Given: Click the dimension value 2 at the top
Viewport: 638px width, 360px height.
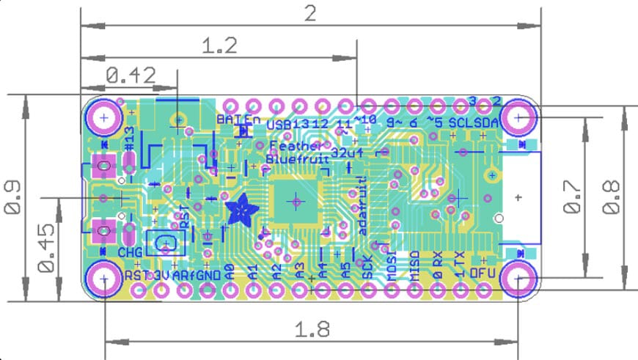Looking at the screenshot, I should [x=311, y=12].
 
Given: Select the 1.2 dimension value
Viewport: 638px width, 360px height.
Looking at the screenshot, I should [x=219, y=46].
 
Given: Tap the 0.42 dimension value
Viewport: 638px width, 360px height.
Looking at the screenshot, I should [x=131, y=75].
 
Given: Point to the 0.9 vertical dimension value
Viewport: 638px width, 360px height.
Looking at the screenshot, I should [x=14, y=198].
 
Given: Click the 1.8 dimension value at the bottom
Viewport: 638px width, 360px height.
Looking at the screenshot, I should [x=311, y=328].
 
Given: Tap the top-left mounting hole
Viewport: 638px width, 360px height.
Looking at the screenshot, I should [x=104, y=117].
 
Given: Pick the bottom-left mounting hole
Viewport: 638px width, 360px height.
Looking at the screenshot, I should [x=104, y=279].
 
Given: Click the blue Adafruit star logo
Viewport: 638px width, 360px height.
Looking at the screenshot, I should [x=240, y=211].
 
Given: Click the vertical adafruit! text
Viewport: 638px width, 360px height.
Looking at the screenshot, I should [x=362, y=206].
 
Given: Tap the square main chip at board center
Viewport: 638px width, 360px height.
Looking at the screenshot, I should [x=296, y=200].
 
